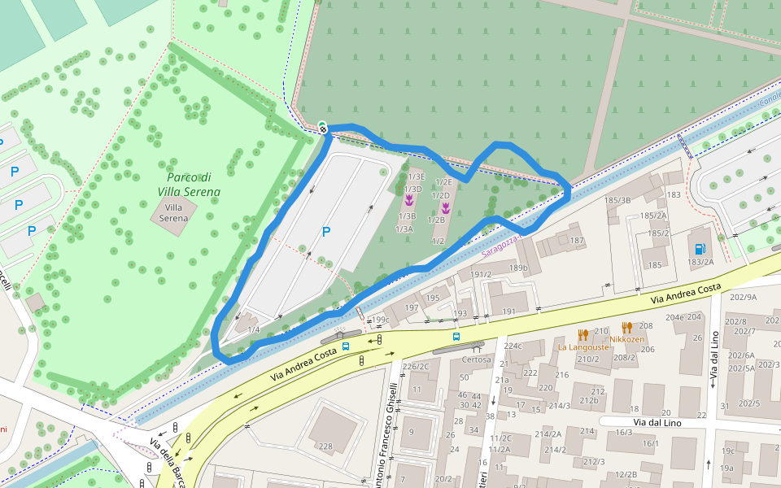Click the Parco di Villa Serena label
click(x=189, y=185)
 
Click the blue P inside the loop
click(x=326, y=232)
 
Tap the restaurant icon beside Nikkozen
click(x=627, y=327)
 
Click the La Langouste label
click(x=582, y=346)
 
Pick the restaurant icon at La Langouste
click(x=582, y=334)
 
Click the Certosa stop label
click(x=477, y=359)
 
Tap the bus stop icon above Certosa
click(x=456, y=335)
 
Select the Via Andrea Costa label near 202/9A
click(x=686, y=293)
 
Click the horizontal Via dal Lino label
click(x=657, y=422)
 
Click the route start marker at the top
click(x=323, y=128)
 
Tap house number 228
click(x=325, y=446)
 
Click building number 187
click(x=577, y=241)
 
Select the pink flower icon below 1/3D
click(x=409, y=199)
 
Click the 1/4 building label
click(x=254, y=329)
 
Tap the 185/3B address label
click(x=617, y=200)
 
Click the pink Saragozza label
click(x=498, y=248)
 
